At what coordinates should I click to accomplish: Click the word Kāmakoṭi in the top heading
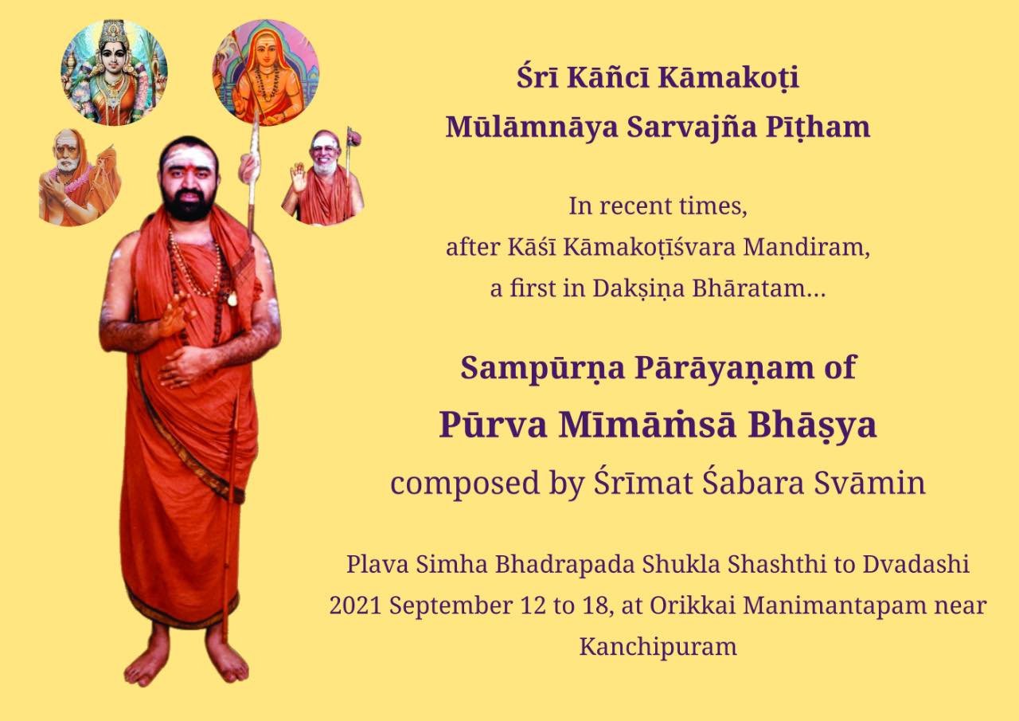point(728,78)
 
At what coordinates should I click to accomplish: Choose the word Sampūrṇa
point(542,369)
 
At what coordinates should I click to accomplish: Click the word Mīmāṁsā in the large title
point(646,425)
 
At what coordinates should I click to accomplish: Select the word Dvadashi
point(916,564)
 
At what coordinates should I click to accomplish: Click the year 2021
point(355,606)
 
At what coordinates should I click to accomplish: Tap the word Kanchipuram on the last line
point(658,647)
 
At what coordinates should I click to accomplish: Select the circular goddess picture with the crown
point(114,72)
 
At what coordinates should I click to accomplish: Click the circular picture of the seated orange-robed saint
point(266,72)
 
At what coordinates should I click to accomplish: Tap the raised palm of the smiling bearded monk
point(299,178)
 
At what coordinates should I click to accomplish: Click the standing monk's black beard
point(188,204)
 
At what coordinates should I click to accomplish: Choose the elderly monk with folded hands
point(80,178)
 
